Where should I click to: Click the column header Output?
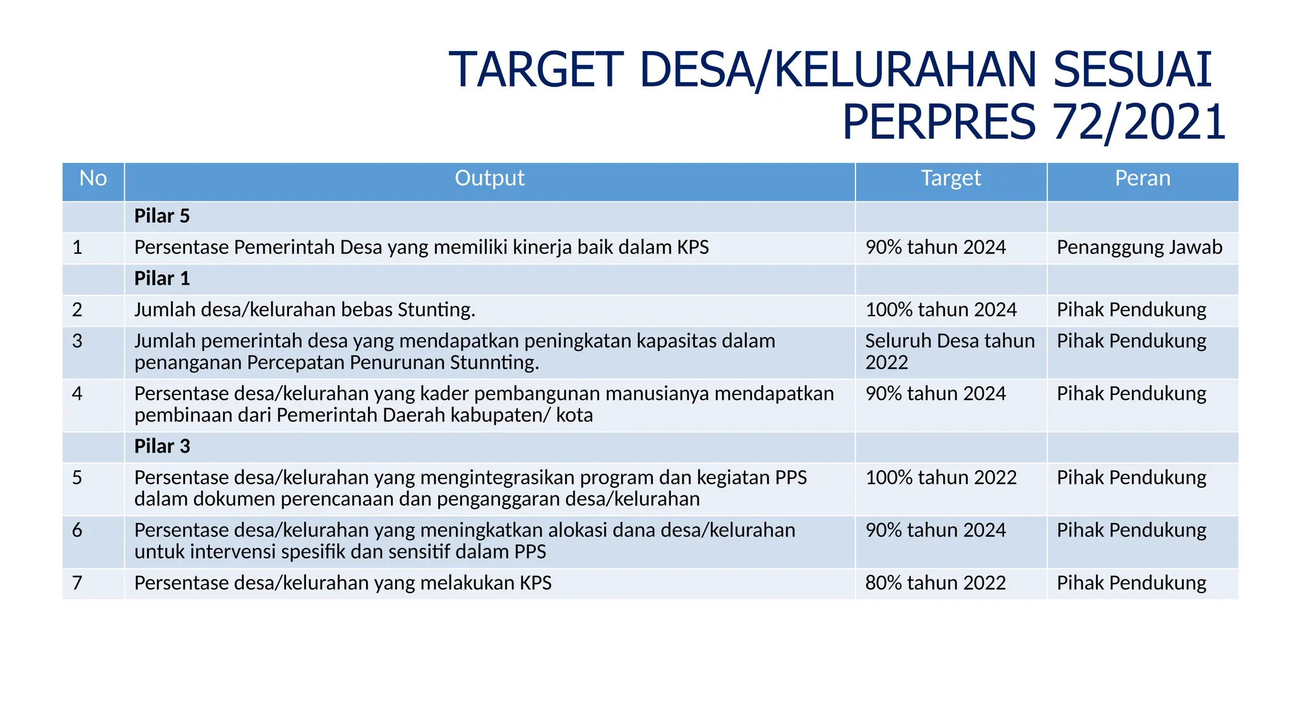point(489,179)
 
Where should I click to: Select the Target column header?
point(950,179)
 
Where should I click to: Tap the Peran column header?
point(1142,179)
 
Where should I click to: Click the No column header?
point(93,179)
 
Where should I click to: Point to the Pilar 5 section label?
point(162,216)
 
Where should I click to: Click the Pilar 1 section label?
point(162,278)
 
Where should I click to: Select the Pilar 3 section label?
point(162,446)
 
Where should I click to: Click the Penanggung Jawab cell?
point(1139,247)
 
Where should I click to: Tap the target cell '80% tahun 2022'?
point(935,583)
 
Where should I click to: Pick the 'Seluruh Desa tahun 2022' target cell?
point(950,352)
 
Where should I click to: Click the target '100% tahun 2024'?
point(941,310)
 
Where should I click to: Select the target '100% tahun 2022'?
point(941,478)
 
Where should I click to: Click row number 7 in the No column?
point(77,583)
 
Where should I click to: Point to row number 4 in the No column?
point(77,394)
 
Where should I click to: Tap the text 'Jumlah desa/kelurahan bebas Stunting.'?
point(304,310)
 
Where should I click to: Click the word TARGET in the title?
point(536,69)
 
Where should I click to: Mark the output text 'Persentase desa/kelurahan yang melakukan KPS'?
point(343,583)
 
